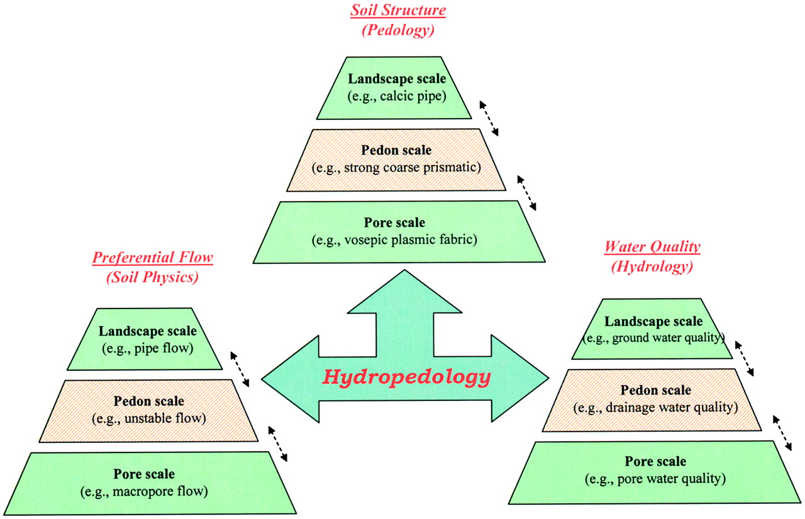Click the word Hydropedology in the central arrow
pos(406,378)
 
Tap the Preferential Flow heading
pos(153,258)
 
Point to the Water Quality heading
pos(652,247)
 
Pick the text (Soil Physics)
pos(153,277)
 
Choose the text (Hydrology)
pos(652,266)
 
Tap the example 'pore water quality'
pos(655,479)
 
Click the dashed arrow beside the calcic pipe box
pos(489,117)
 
